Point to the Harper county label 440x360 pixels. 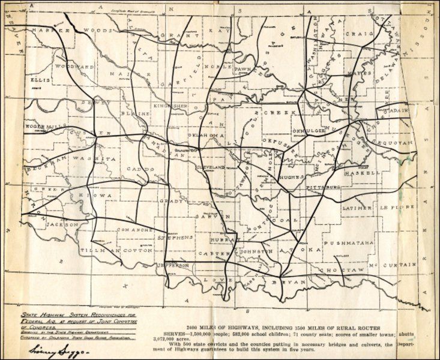pos(47,29)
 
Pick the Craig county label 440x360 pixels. pos(371,34)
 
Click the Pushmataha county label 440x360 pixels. pos(349,243)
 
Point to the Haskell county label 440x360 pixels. pos(363,173)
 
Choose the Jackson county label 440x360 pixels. pos(62,224)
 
